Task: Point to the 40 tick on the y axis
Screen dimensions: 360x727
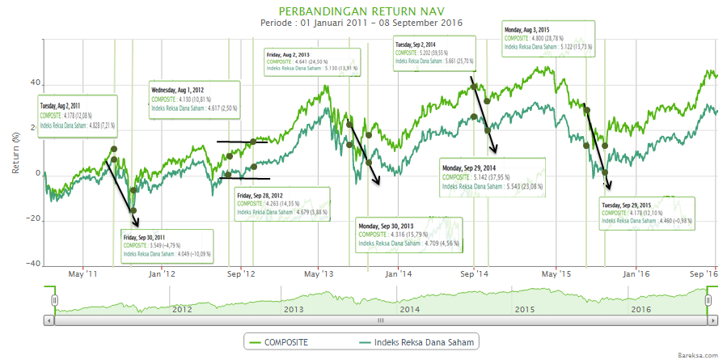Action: pyautogui.click(x=35, y=83)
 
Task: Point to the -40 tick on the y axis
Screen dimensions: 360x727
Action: pyautogui.click(x=32, y=264)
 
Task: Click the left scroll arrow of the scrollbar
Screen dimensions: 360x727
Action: pyautogui.click(x=49, y=320)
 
